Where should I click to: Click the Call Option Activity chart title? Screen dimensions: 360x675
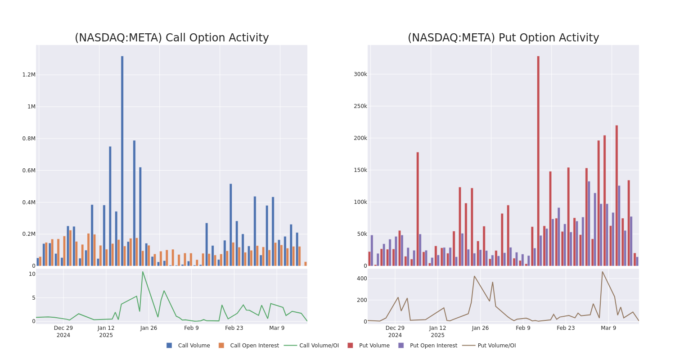(x=171, y=38)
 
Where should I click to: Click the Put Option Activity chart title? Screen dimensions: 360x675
(x=503, y=38)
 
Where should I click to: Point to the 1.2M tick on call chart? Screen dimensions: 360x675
(x=29, y=75)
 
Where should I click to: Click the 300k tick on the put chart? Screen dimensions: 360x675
(x=360, y=74)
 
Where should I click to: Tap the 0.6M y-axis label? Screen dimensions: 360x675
(x=29, y=171)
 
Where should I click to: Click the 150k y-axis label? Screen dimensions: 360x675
(x=360, y=171)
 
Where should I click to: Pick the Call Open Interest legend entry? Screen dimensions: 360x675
(x=254, y=346)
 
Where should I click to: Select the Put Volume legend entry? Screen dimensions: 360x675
(x=374, y=346)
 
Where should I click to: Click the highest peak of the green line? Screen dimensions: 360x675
(x=143, y=271)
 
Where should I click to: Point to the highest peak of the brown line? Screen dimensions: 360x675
(x=602, y=271)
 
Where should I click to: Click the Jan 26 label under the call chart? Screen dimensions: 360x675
(x=148, y=328)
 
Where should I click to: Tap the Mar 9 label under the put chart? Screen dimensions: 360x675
(x=608, y=328)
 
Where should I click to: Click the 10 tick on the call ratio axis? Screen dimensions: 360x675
(x=32, y=274)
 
